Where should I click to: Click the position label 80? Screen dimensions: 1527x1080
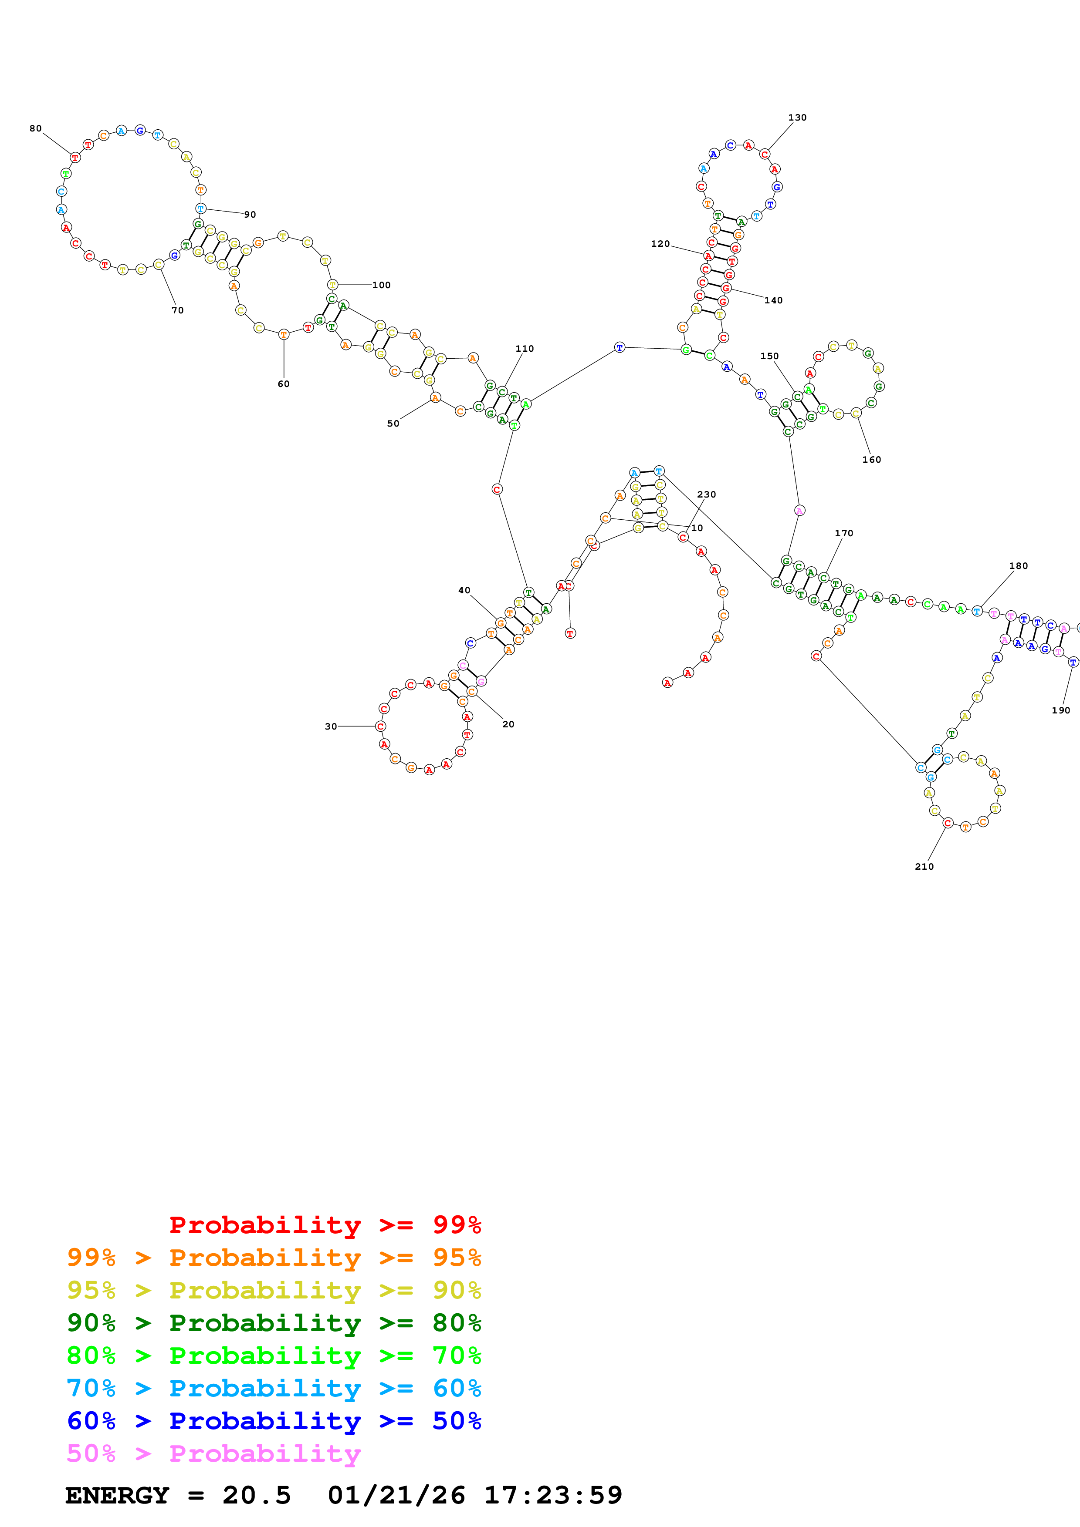click(x=35, y=128)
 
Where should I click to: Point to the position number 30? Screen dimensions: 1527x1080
click(x=331, y=726)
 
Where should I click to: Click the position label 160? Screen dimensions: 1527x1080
click(x=871, y=460)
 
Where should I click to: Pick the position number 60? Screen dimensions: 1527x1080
click(x=284, y=384)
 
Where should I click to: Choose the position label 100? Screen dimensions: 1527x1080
click(x=381, y=285)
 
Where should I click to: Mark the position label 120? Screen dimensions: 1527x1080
click(x=660, y=244)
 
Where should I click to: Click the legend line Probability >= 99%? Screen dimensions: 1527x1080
click(x=325, y=1225)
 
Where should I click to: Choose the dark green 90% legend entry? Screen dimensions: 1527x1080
click(x=274, y=1323)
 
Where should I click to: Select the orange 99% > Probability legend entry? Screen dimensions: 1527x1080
click(x=274, y=1258)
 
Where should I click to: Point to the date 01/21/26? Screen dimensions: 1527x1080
click(x=396, y=1495)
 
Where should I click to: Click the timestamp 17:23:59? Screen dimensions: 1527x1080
click(x=552, y=1495)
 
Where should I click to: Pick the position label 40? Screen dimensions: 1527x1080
click(x=464, y=591)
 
